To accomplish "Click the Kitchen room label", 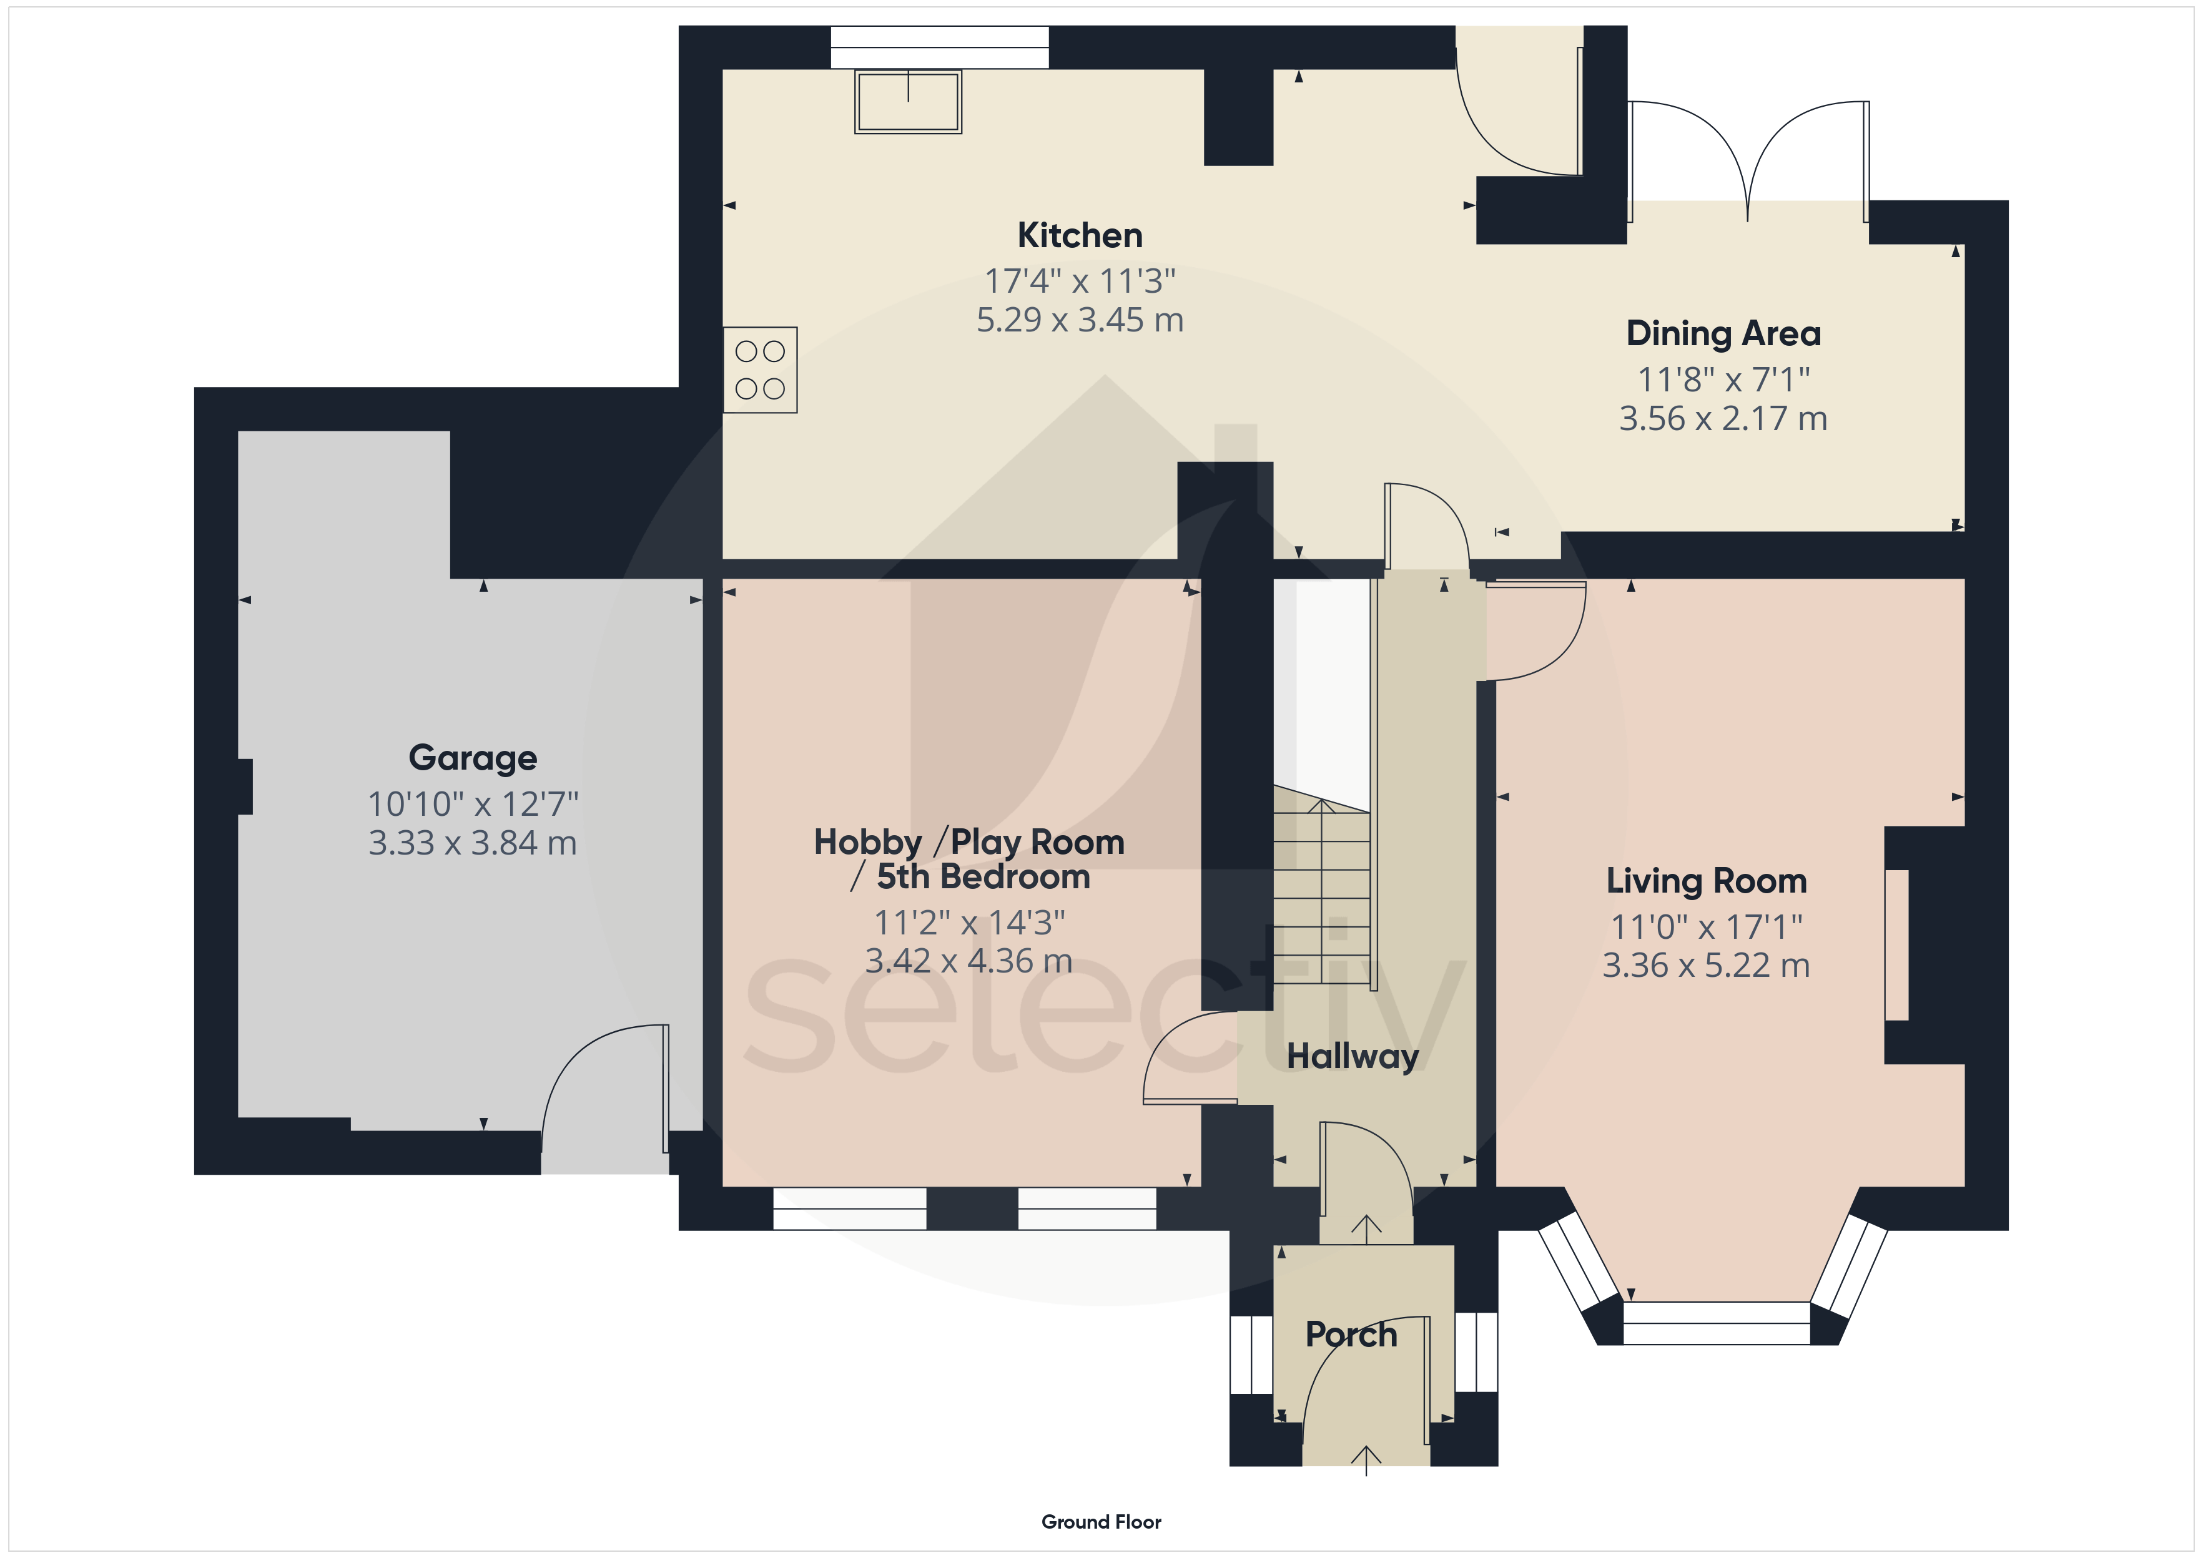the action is coord(1080,235).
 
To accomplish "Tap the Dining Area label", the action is coord(1723,333).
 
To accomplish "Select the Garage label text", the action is coord(473,758).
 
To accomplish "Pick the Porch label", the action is coord(1351,1335).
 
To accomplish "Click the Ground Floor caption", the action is coord(1101,1522).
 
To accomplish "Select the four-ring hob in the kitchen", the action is coord(760,370).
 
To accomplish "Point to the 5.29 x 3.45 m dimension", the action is coord(1080,320).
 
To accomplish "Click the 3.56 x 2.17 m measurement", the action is coord(1723,418).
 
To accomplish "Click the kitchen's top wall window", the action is coord(939,47).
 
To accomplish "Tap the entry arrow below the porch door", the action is coord(1366,1459).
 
